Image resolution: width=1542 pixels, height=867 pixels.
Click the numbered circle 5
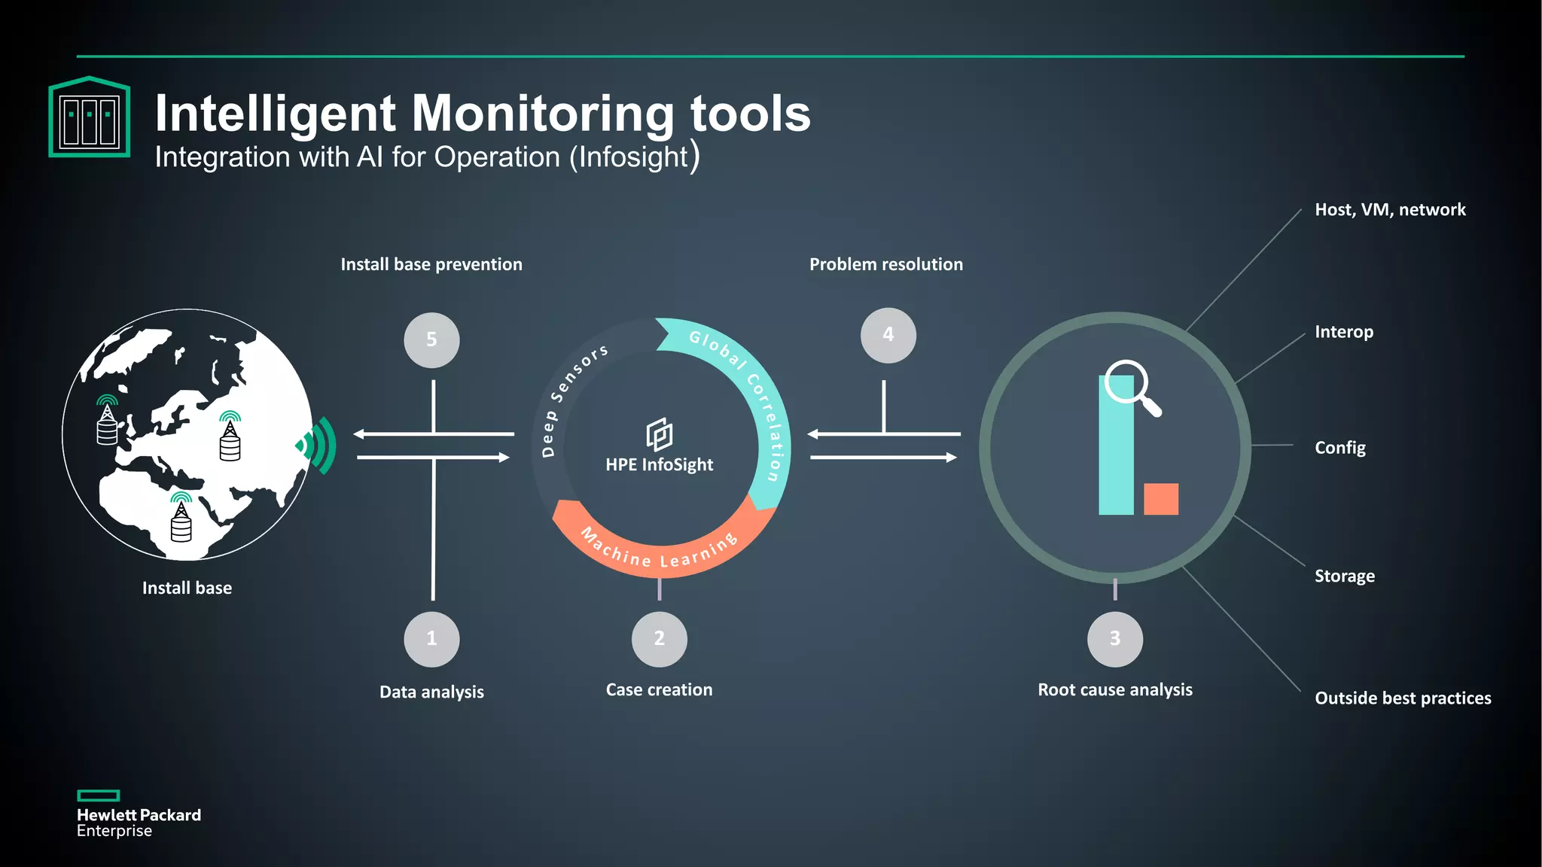(431, 340)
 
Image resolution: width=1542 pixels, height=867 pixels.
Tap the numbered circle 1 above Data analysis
(431, 639)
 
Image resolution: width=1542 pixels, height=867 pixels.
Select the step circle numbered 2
(659, 639)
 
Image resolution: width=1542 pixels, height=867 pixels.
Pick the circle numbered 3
(1114, 639)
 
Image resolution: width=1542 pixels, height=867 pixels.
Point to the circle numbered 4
(888, 335)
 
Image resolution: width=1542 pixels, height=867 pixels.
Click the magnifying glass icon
(1132, 388)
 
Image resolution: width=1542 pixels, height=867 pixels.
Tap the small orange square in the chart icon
(1160, 499)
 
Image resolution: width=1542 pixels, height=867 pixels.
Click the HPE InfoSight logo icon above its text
(659, 434)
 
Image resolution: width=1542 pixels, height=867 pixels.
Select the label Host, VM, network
(1390, 210)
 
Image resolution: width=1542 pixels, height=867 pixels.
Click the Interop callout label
(1344, 332)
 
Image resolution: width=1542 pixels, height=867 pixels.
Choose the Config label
(1339, 448)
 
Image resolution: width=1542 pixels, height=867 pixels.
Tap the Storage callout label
(1344, 576)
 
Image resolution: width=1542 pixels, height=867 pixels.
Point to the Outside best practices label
(1402, 698)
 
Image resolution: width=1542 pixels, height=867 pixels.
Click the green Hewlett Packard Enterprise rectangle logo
(99, 796)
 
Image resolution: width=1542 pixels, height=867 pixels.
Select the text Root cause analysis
(1114, 689)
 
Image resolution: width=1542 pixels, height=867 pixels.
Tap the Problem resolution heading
(885, 264)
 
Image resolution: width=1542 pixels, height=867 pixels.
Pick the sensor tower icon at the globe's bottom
(181, 519)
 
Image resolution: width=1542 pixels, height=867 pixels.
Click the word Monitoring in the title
(543, 114)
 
